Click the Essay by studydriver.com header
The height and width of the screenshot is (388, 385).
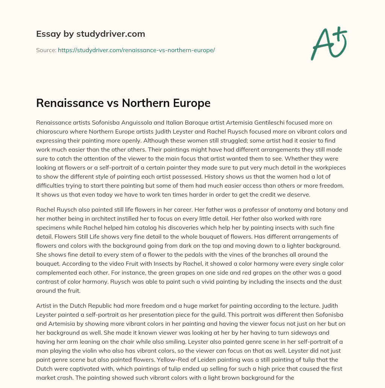point(91,34)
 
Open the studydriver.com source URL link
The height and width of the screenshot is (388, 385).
point(136,50)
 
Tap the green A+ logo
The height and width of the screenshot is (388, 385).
point(328,42)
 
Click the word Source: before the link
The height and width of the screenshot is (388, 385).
point(46,50)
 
